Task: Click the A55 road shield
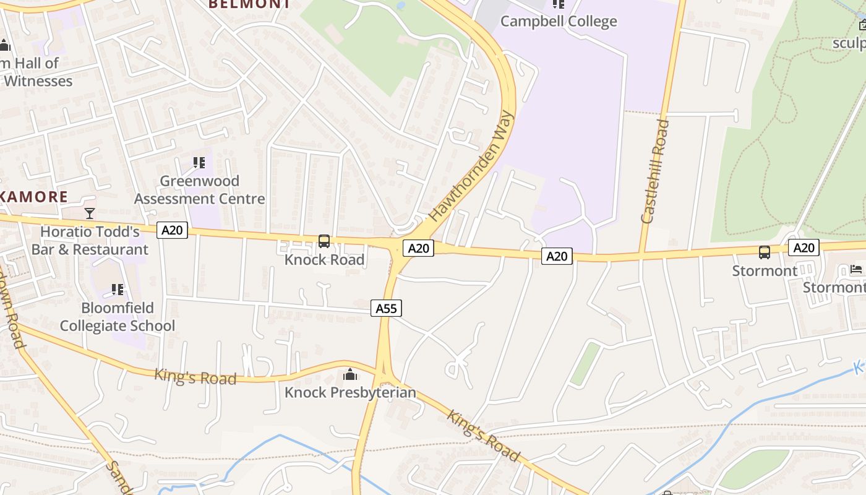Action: click(x=387, y=308)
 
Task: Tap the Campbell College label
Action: click(x=558, y=22)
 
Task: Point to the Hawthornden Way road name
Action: click(x=472, y=166)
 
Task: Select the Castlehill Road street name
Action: click(x=656, y=171)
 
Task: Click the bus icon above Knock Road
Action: click(x=324, y=241)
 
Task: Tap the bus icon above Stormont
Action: click(x=765, y=252)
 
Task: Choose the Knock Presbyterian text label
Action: click(x=350, y=393)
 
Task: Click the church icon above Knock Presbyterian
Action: click(x=350, y=375)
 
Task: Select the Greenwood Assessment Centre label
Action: click(x=199, y=190)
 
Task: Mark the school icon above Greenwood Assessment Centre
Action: click(x=199, y=163)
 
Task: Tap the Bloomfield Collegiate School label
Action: click(x=118, y=317)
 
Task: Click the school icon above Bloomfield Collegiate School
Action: click(x=118, y=290)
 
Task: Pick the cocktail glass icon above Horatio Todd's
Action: click(x=90, y=213)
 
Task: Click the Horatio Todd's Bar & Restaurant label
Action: click(x=90, y=241)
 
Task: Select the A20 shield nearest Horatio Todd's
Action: click(x=172, y=231)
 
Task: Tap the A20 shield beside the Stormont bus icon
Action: click(x=804, y=248)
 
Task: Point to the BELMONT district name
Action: click(x=249, y=4)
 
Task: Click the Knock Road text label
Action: click(x=324, y=260)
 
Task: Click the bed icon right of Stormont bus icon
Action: click(x=856, y=269)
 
